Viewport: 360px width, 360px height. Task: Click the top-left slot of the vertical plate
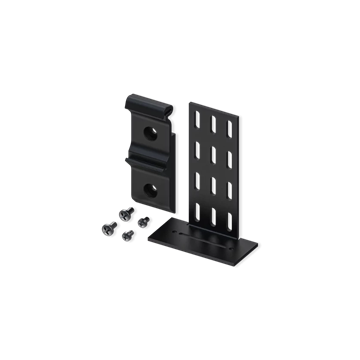(x=197, y=117)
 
